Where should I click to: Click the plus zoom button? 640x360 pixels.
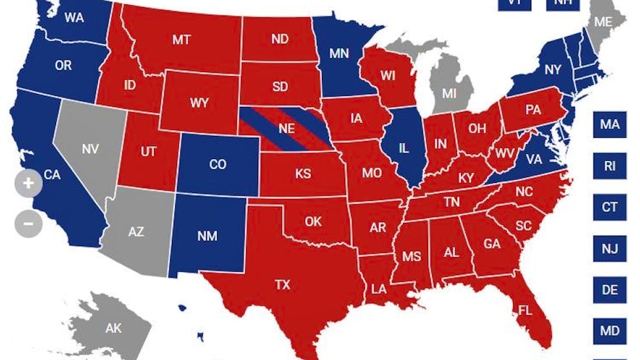(x=28, y=183)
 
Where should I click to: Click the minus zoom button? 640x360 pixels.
(x=28, y=224)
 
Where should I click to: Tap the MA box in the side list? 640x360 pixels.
(x=610, y=124)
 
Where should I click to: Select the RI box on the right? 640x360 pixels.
(x=610, y=166)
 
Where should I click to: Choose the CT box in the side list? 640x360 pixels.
(x=610, y=207)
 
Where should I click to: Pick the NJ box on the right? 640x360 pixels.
(x=610, y=248)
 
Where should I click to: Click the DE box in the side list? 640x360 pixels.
(x=610, y=290)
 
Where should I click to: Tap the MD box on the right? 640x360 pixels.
(x=610, y=331)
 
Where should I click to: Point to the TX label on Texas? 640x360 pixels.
(x=283, y=285)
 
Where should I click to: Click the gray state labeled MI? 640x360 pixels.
(x=449, y=92)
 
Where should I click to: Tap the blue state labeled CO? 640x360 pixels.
(x=218, y=164)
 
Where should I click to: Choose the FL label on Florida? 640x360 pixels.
(x=525, y=311)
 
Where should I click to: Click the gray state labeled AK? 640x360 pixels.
(x=113, y=328)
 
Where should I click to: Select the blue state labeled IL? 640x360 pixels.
(x=404, y=148)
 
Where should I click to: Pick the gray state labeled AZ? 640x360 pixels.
(x=136, y=232)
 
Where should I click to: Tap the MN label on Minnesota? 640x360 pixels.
(x=339, y=54)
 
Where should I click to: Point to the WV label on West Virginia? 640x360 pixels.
(x=504, y=155)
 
